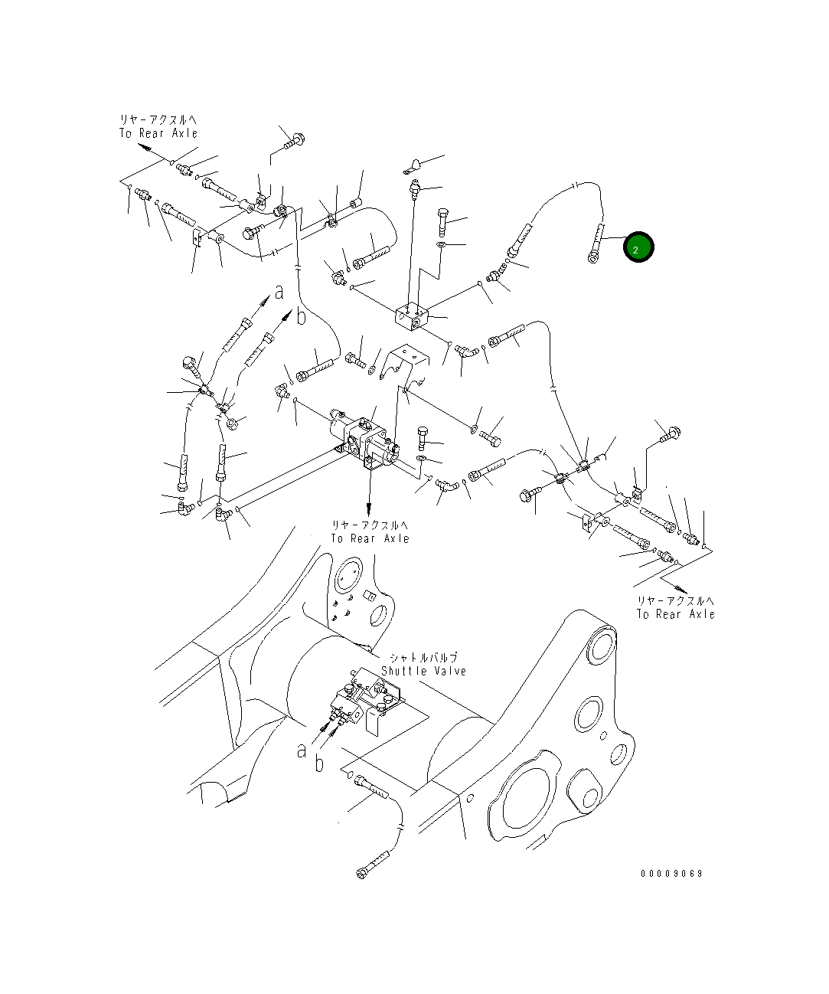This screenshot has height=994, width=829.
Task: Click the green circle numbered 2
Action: [638, 247]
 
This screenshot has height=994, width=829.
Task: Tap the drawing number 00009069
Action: [671, 874]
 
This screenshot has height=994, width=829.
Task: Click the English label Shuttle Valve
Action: [423, 671]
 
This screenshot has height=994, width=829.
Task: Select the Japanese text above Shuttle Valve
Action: [423, 657]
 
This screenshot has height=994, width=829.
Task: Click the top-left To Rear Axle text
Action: [158, 132]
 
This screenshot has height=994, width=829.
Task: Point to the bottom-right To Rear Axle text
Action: [676, 614]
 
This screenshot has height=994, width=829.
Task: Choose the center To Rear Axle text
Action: [370, 538]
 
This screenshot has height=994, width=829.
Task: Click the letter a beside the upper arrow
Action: [279, 291]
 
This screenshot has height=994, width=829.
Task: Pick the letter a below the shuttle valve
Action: [302, 750]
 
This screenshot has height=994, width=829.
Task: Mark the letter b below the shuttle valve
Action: [319, 763]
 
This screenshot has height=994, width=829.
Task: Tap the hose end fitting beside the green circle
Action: [596, 244]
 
